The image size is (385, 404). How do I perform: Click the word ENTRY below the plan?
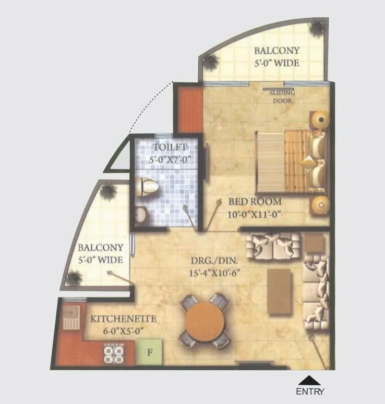point(310,391)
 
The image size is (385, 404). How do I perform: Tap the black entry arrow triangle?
point(310,380)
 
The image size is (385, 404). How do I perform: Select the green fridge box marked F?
point(150,352)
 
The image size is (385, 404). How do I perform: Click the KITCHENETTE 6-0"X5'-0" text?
point(117,323)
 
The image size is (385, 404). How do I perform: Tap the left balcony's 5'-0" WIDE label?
point(101,254)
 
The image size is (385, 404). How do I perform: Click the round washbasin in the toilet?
point(141,213)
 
